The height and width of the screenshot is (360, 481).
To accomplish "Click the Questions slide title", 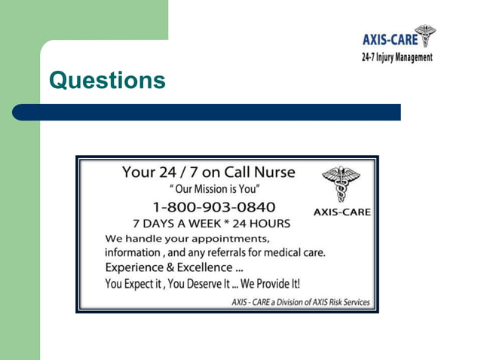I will pyautogui.click(x=107, y=80).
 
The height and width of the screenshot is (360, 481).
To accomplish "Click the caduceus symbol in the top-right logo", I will pyautogui.click(x=426, y=35).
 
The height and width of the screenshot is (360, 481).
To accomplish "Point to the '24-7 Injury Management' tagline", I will pyautogui.click(x=397, y=57).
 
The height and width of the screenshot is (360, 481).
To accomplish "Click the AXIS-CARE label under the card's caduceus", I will pyautogui.click(x=342, y=212).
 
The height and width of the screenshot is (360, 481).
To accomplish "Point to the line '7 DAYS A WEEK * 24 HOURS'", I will pyautogui.click(x=211, y=223).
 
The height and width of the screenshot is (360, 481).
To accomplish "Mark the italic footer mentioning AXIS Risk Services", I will pyautogui.click(x=300, y=302).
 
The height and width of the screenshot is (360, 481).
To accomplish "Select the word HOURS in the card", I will pyautogui.click(x=273, y=223).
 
